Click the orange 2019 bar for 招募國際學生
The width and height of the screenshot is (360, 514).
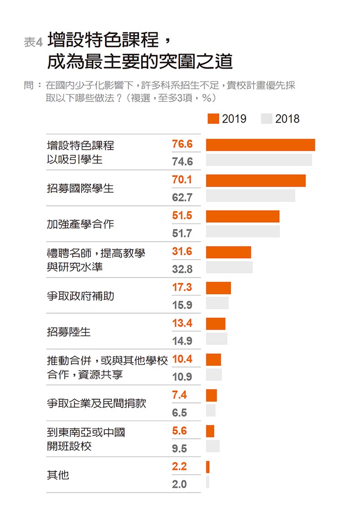(x=255, y=181)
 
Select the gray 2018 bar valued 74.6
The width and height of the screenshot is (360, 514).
(x=259, y=160)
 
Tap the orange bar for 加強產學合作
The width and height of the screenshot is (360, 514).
(x=242, y=217)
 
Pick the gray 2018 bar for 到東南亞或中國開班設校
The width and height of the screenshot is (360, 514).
(x=212, y=446)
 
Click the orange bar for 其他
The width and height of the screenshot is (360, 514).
(x=208, y=467)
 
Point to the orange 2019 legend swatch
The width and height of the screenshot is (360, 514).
(x=214, y=119)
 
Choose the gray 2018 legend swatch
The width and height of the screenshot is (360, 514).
(x=266, y=119)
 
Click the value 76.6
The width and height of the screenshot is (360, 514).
(x=182, y=144)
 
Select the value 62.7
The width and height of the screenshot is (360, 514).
(x=182, y=197)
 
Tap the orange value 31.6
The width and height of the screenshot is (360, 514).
(x=182, y=252)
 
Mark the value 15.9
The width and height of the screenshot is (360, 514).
(x=182, y=305)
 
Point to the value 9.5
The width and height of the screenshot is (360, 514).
(x=180, y=448)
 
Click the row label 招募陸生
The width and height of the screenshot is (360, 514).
(x=69, y=332)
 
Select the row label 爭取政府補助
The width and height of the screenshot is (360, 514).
(x=80, y=296)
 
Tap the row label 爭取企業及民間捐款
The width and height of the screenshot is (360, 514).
(x=96, y=403)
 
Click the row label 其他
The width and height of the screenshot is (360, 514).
(x=58, y=475)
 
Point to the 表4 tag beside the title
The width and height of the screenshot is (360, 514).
(x=33, y=43)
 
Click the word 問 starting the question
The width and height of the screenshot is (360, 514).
(x=29, y=85)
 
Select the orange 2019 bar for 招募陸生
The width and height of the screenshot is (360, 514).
(x=215, y=324)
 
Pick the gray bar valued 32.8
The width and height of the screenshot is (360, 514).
(x=229, y=267)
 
